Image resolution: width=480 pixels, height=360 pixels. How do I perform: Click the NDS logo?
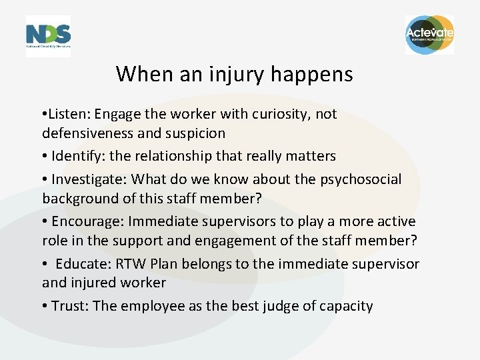(48, 35)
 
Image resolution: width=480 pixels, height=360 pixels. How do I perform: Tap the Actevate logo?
(429, 35)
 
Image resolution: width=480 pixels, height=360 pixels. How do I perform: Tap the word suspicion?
(194, 133)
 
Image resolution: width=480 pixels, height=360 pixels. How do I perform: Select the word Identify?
(78, 156)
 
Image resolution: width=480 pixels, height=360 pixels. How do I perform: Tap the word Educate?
(84, 264)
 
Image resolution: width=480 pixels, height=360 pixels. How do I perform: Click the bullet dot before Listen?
(44, 114)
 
